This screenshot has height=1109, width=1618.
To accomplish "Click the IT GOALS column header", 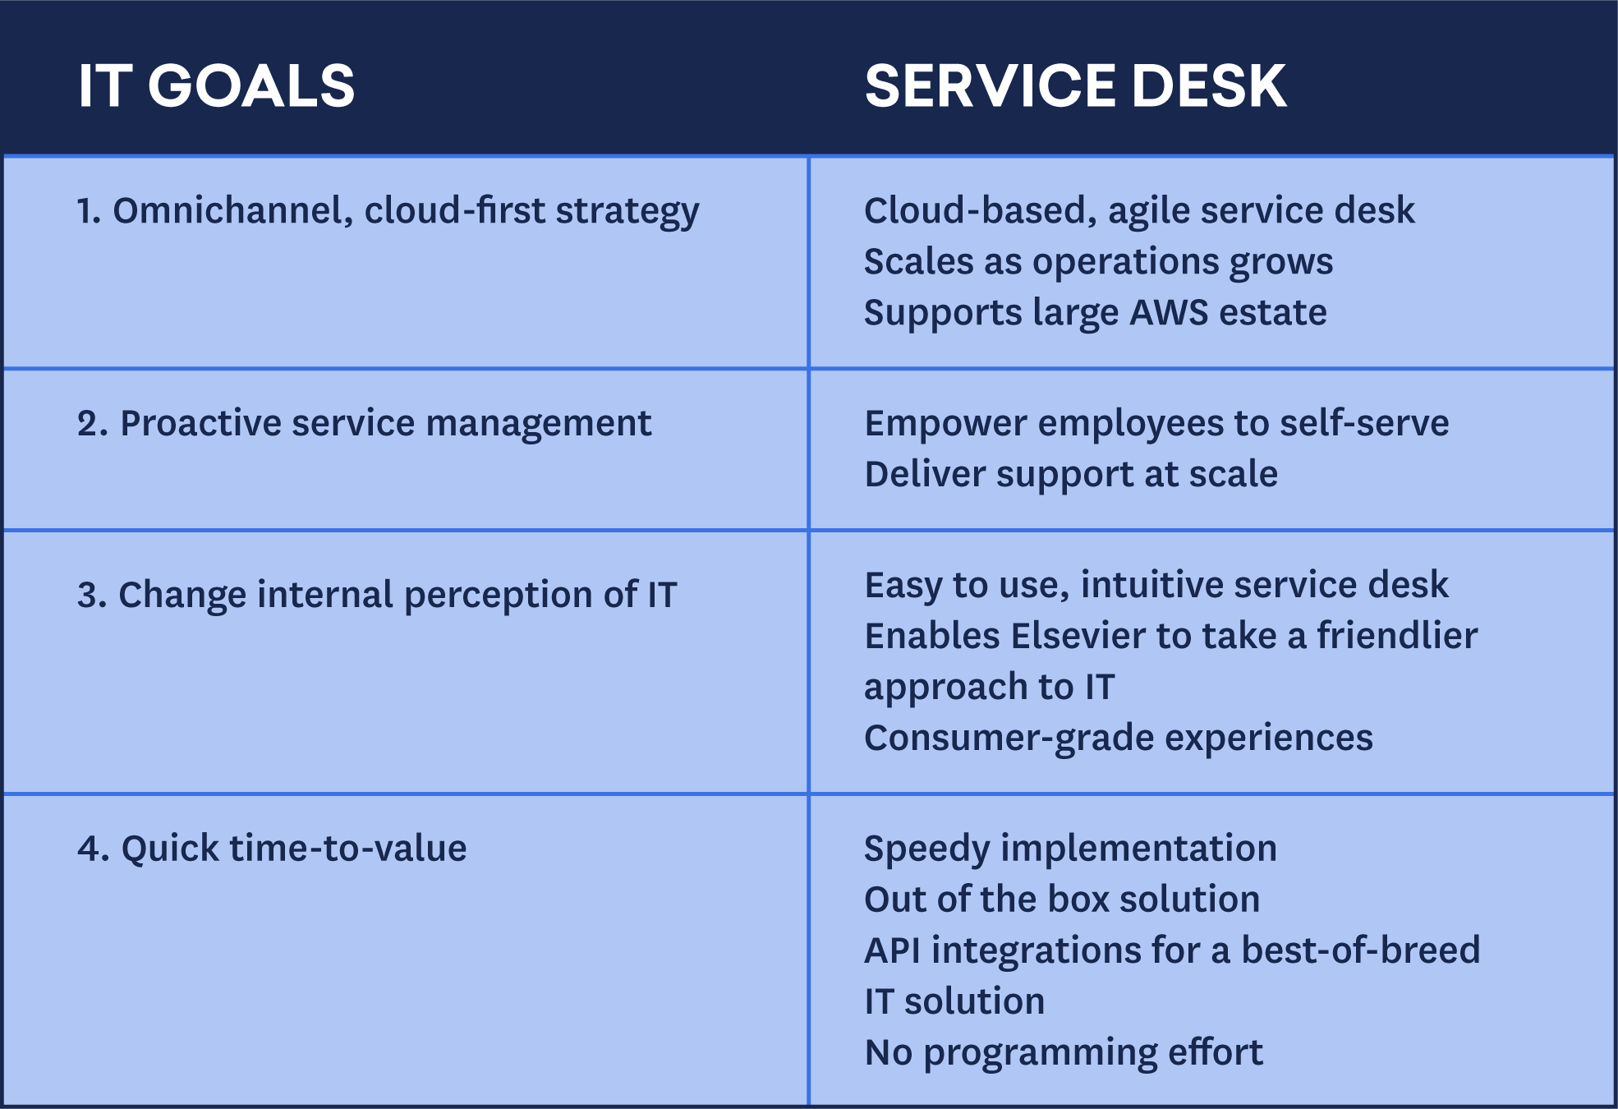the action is point(216,85).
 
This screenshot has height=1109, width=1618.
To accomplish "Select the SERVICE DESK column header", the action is point(1075,85).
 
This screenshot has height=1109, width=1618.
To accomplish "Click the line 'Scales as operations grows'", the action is point(1098,262).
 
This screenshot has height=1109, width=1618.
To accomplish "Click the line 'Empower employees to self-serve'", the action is point(1156,423).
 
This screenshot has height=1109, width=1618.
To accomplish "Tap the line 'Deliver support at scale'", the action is point(1071,474).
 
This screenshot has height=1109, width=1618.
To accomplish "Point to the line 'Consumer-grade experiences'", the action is point(1119,738).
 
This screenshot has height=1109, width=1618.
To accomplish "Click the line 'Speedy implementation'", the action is point(1071,849).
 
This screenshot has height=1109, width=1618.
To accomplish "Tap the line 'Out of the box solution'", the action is point(1062,899).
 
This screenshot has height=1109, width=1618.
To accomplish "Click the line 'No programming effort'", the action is point(1064,1052).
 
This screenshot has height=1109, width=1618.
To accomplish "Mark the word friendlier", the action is point(1397,636).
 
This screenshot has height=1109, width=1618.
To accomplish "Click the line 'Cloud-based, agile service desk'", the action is point(1139,210).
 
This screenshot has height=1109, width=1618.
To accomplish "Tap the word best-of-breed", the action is point(1360,950).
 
